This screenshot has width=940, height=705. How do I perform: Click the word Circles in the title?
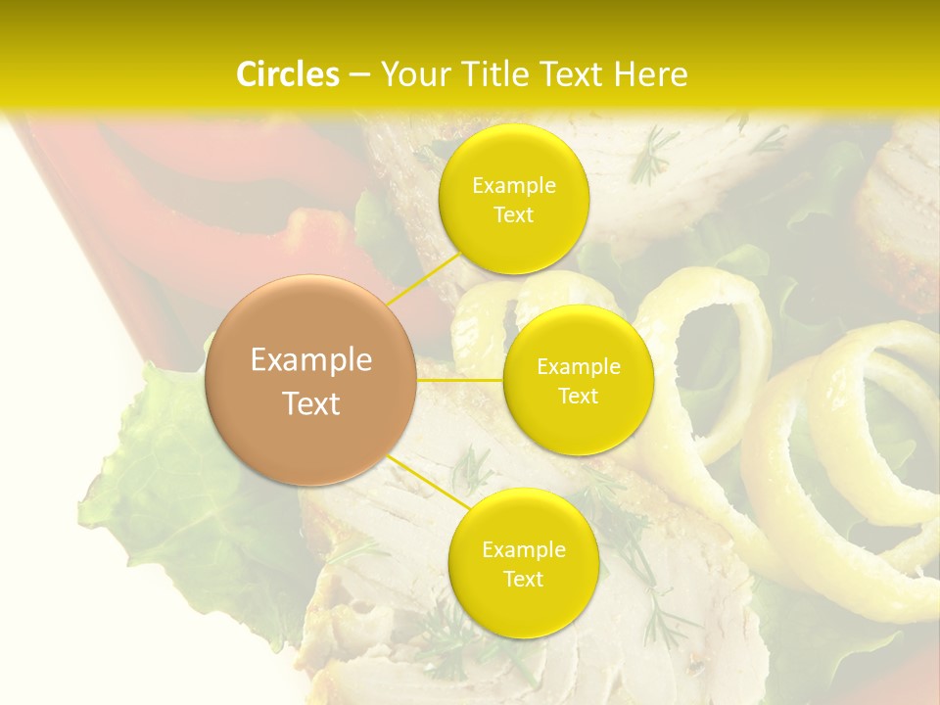[288, 74]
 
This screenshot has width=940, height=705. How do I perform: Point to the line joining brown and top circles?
[424, 277]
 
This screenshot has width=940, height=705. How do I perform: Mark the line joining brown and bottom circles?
[428, 481]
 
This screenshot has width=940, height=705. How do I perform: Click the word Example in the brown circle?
[311, 360]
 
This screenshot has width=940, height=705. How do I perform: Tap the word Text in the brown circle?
[311, 403]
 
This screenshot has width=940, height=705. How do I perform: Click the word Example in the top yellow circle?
[514, 186]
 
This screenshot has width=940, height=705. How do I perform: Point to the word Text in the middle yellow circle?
[579, 397]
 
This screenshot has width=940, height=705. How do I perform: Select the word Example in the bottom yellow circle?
[523, 550]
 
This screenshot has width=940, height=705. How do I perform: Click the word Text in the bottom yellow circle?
[523, 580]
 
